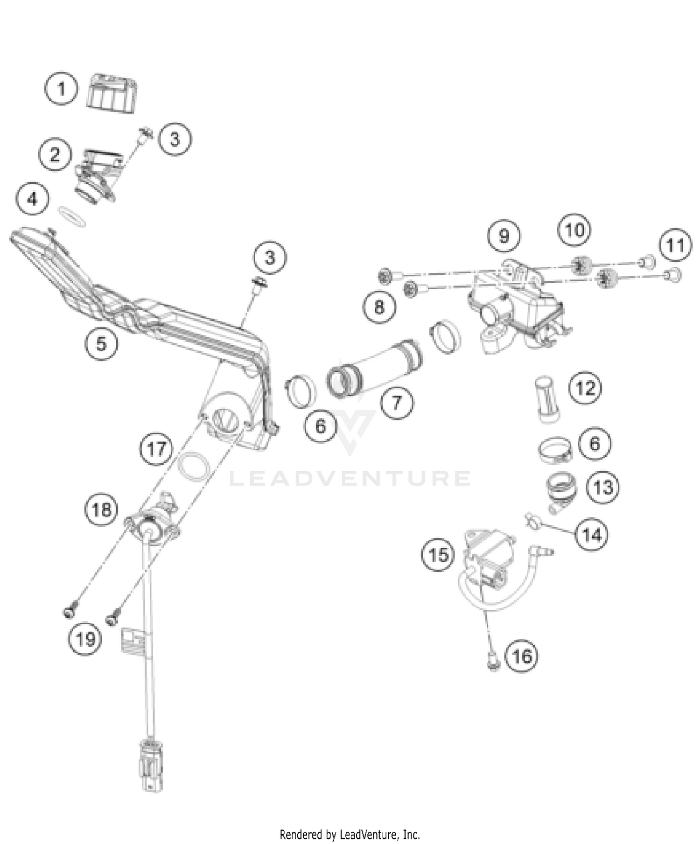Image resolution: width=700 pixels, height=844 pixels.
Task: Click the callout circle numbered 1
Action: [61, 88]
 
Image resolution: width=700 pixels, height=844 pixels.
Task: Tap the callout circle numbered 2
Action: [55, 154]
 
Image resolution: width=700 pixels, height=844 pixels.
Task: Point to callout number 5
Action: [101, 344]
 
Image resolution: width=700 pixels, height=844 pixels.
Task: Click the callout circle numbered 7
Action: [397, 402]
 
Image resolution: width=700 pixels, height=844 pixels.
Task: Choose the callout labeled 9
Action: [504, 236]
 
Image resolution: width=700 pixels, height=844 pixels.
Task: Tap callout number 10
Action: [574, 230]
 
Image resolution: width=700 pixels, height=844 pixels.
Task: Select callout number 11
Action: [675, 245]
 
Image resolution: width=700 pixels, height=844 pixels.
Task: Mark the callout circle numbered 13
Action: [602, 488]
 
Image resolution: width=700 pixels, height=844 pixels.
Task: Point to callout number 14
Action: [592, 535]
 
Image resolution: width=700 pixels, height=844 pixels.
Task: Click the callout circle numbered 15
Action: [438, 555]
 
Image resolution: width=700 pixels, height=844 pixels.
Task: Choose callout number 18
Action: [101, 509]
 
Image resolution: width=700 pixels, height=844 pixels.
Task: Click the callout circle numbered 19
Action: [85, 639]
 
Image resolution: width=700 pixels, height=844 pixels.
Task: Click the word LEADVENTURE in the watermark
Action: [350, 479]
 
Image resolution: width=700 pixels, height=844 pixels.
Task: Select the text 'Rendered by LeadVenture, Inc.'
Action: [350, 834]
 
